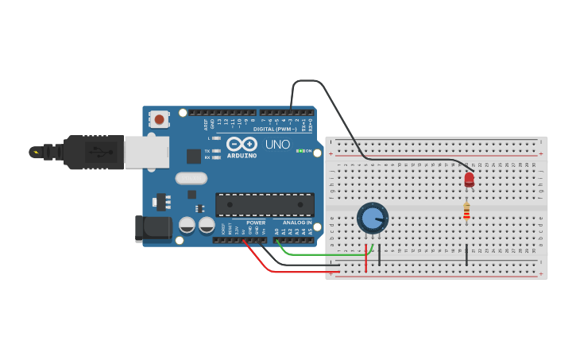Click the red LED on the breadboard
pyautogui.click(x=469, y=180)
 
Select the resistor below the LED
pyautogui.click(x=466, y=211)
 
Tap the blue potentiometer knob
pyautogui.click(x=372, y=218)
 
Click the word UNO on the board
pyautogui.click(x=277, y=145)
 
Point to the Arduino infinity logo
pyautogui.click(x=242, y=144)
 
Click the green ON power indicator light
pyautogui.click(x=300, y=150)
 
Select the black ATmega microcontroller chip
pyautogui.click(x=265, y=204)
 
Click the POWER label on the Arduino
pyautogui.click(x=255, y=223)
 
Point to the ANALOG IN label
pyautogui.click(x=297, y=223)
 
